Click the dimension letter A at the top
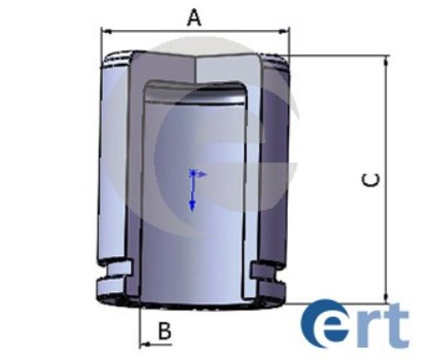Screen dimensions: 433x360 (x=194, y=18)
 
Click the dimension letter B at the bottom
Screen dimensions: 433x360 (x=165, y=331)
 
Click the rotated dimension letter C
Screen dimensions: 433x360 (x=371, y=180)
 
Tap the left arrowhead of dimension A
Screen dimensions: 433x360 (x=107, y=31)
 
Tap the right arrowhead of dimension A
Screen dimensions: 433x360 (x=284, y=31)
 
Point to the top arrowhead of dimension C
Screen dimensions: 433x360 (x=386, y=61)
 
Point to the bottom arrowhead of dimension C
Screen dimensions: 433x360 (x=386, y=298)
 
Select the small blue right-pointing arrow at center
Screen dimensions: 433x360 (x=200, y=175)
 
